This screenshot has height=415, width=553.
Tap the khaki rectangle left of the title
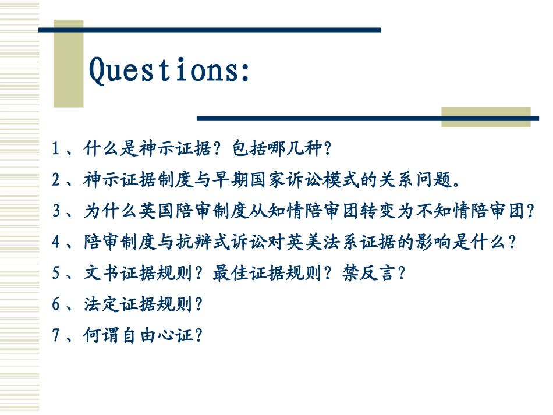68,64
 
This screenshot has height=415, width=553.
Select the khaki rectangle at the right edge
485,117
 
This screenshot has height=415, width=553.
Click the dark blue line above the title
210,29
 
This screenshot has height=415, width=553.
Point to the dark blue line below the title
367,118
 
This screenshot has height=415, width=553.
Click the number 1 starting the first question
55,150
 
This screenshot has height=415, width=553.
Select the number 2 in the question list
55,180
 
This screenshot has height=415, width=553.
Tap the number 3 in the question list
56,211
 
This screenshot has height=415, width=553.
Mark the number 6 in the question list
56,304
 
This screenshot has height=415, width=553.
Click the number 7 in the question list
56,335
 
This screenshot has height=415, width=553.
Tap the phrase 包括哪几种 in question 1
276,150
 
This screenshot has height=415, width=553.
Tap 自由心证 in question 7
157,335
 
